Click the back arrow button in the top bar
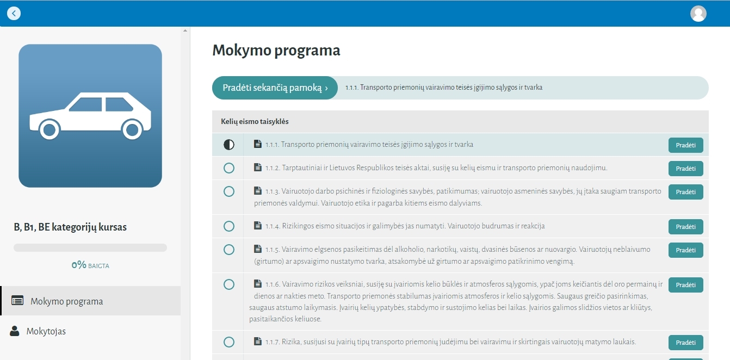[x=14, y=14]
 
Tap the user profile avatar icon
[x=698, y=14]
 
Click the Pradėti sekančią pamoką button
[x=275, y=88]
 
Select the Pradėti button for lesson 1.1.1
[x=686, y=145]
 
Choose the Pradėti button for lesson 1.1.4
[x=686, y=226]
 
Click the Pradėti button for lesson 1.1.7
[x=686, y=343]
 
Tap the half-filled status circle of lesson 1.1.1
[x=229, y=144]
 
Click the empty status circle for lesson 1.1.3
[x=229, y=191]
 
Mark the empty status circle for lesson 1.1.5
[x=229, y=250]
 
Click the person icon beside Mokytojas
[x=14, y=331]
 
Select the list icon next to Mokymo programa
[x=17, y=300]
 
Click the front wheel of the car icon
[x=49, y=129]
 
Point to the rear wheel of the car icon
[x=132, y=129]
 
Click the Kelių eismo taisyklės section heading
[x=255, y=121]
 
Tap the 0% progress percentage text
[x=79, y=265]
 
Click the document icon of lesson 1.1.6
[x=257, y=283]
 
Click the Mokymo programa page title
[x=276, y=51]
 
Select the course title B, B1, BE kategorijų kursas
[x=70, y=227]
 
